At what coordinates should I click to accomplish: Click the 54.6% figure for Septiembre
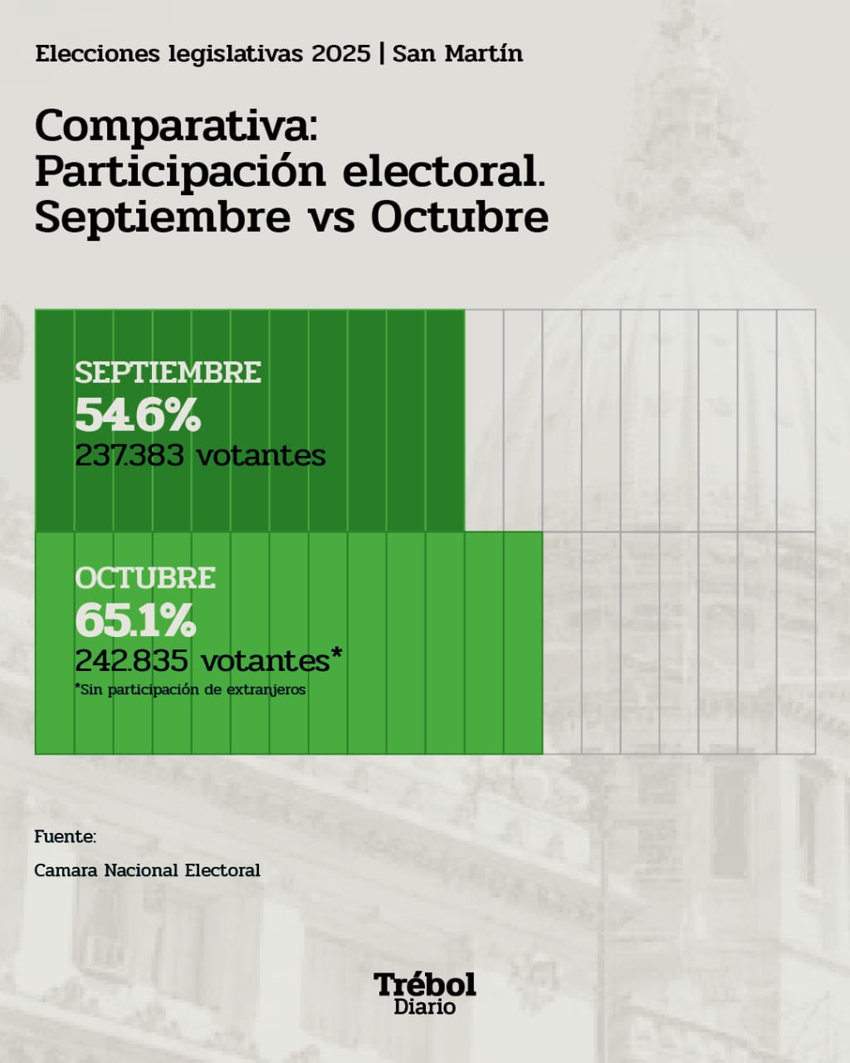[x=138, y=415]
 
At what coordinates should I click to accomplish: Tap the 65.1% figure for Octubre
[x=135, y=620]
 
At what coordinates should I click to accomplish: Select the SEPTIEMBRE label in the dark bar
[x=168, y=373]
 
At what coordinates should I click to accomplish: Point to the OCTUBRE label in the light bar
[x=145, y=578]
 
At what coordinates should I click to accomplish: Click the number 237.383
[x=129, y=456]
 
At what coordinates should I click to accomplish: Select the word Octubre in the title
[x=459, y=217]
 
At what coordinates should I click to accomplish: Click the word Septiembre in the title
[x=163, y=217]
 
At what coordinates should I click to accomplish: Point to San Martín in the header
[x=457, y=54]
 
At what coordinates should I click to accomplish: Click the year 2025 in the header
[x=341, y=54]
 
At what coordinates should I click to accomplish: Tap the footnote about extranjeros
[x=191, y=690]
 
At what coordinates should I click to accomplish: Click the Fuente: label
[x=65, y=837]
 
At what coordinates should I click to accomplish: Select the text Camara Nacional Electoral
[x=147, y=870]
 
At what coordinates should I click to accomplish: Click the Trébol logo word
[x=425, y=984]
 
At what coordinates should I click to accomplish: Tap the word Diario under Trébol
[x=425, y=1007]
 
